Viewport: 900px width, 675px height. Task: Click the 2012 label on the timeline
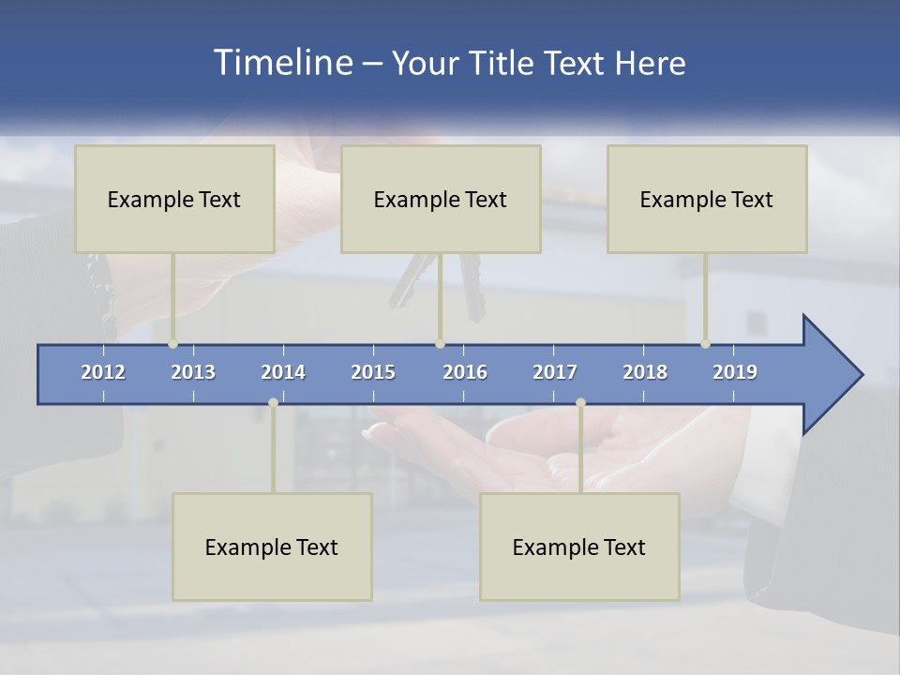[x=103, y=372]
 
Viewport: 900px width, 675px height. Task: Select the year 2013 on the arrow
[x=193, y=372]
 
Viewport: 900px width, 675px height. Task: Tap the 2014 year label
[x=283, y=372]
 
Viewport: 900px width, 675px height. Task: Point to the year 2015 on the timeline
[x=373, y=372]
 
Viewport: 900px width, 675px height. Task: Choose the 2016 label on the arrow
[x=465, y=372]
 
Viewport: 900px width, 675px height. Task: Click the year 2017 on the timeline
[x=555, y=372]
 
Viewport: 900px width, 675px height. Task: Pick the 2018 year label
[x=645, y=372]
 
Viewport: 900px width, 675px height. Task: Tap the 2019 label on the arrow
[x=735, y=372]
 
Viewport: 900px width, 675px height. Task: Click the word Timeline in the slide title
[x=281, y=63]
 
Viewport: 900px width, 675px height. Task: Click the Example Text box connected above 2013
[x=174, y=199]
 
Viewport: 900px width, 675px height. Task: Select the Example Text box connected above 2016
[x=441, y=199]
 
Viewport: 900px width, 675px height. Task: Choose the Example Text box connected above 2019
[x=707, y=199]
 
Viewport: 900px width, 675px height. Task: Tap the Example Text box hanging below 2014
[x=272, y=547]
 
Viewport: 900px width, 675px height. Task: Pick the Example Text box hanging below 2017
[x=579, y=547]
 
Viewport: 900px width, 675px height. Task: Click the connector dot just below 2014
[x=273, y=402]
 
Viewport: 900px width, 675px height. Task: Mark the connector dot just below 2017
[x=580, y=402]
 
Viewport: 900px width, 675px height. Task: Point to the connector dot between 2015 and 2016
[x=441, y=344]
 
